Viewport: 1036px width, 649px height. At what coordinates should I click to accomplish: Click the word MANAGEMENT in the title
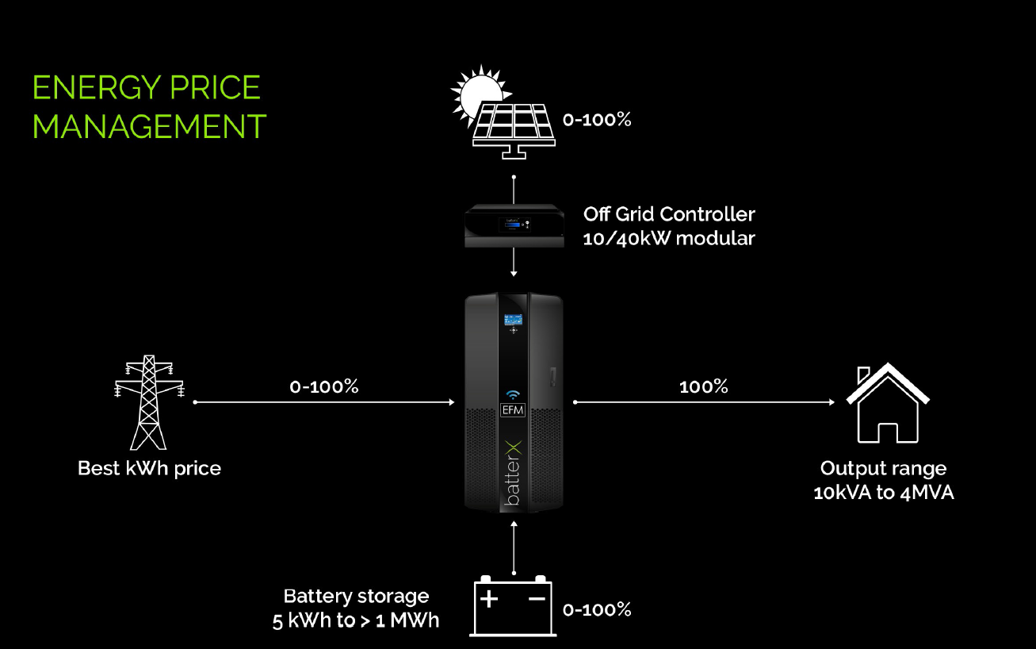[x=149, y=127]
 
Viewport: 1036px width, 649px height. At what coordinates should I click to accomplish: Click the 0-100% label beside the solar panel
[x=597, y=121]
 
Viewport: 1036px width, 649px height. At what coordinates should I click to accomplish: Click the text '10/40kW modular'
[x=669, y=238]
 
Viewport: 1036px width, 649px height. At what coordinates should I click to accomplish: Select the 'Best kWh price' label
[x=149, y=468]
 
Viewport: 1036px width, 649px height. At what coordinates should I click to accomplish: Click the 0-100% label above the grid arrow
[x=324, y=387]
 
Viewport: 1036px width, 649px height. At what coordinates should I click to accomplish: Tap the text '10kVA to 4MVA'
[x=884, y=493]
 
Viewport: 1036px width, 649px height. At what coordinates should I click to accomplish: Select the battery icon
[x=514, y=606]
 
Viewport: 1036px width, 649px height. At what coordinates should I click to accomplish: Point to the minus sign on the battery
[x=537, y=599]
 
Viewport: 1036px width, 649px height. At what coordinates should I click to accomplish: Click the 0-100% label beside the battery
[x=597, y=610]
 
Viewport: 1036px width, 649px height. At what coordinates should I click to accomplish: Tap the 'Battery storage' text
[x=356, y=596]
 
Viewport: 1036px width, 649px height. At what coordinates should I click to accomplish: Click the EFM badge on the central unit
[x=513, y=411]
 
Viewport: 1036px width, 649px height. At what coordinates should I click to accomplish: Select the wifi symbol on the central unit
[x=513, y=394]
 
